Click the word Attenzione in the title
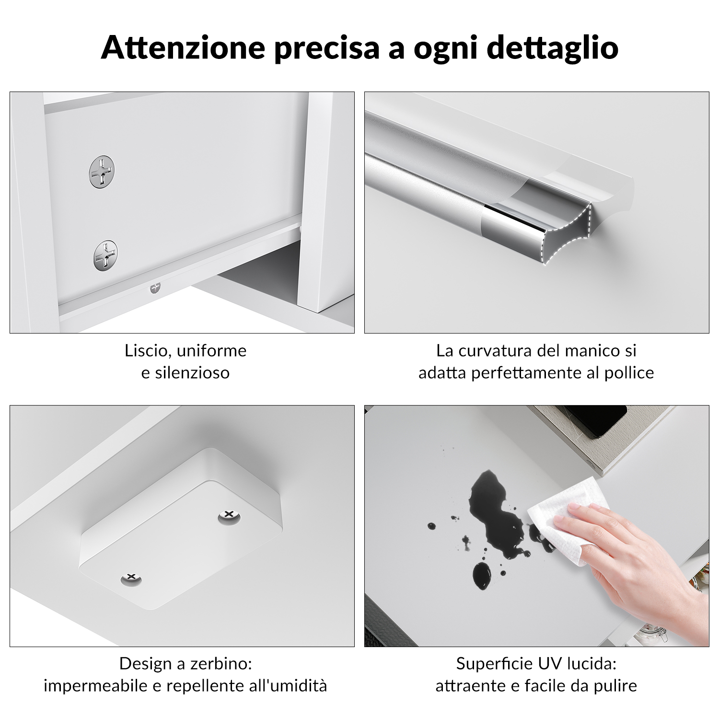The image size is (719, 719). [183, 47]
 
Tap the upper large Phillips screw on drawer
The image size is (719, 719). [102, 173]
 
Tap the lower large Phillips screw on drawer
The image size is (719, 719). [105, 255]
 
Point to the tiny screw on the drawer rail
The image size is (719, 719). [154, 288]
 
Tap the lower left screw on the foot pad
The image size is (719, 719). [131, 578]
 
